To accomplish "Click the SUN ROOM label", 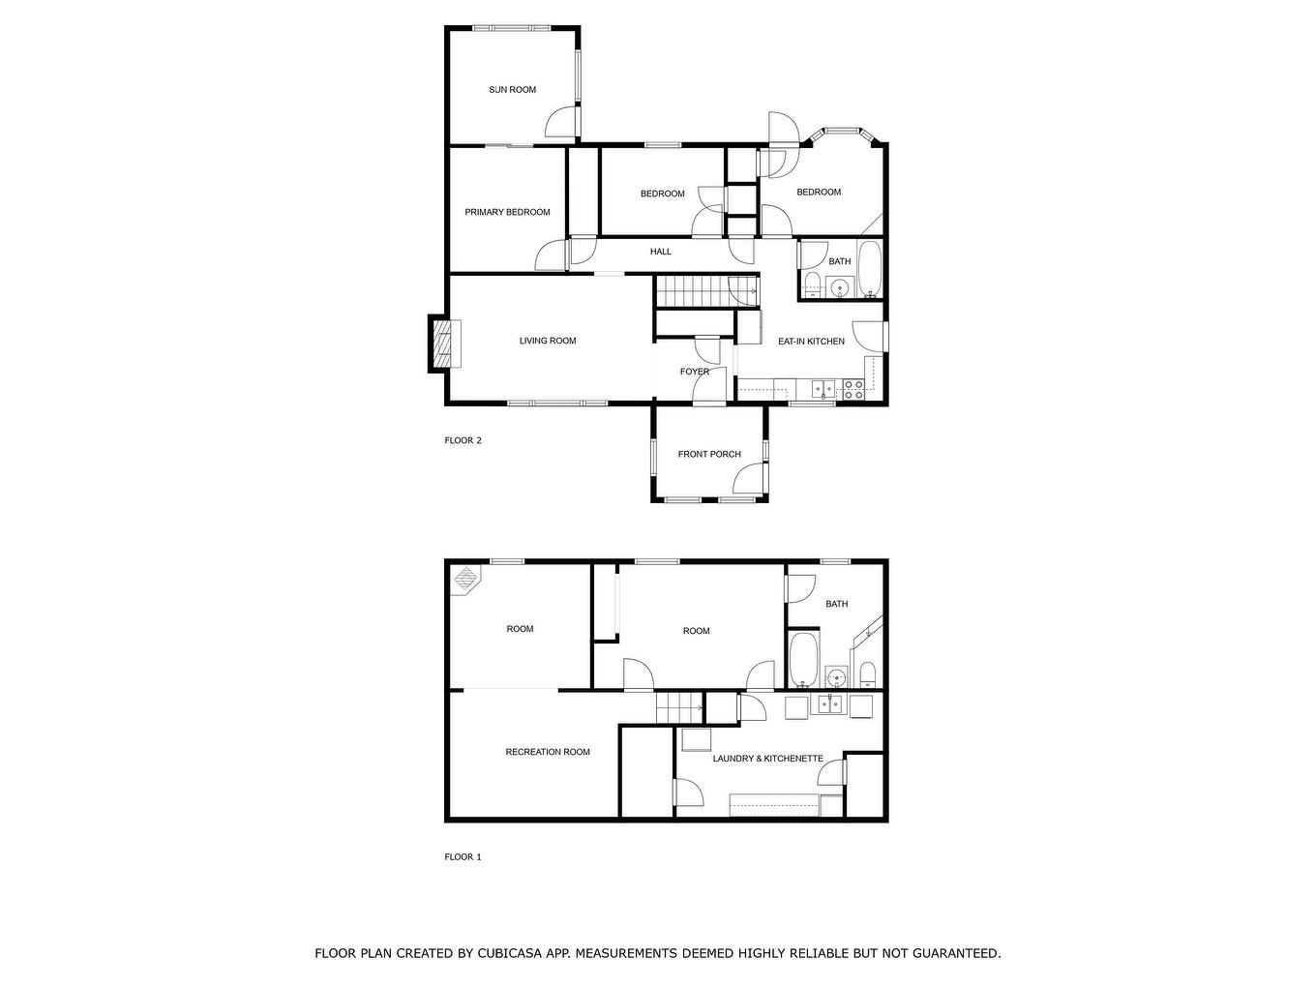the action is point(512,90).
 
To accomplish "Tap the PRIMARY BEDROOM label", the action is point(507,212).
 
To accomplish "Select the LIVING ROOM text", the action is point(548,341).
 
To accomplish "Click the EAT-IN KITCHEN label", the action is point(811,342).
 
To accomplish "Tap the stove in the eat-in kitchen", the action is point(853,390).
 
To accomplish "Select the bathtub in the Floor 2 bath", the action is point(868,269).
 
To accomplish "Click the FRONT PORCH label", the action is point(709,454).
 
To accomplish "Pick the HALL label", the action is point(661,252).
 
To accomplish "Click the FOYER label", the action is point(695,372).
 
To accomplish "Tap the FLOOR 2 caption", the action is point(463,440).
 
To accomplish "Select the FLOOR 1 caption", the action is point(463,857).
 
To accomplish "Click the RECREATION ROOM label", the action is point(548,752).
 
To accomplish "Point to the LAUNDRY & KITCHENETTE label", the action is point(767,759).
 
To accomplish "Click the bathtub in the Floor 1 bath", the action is point(803,660).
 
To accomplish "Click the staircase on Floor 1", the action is point(679,707).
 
